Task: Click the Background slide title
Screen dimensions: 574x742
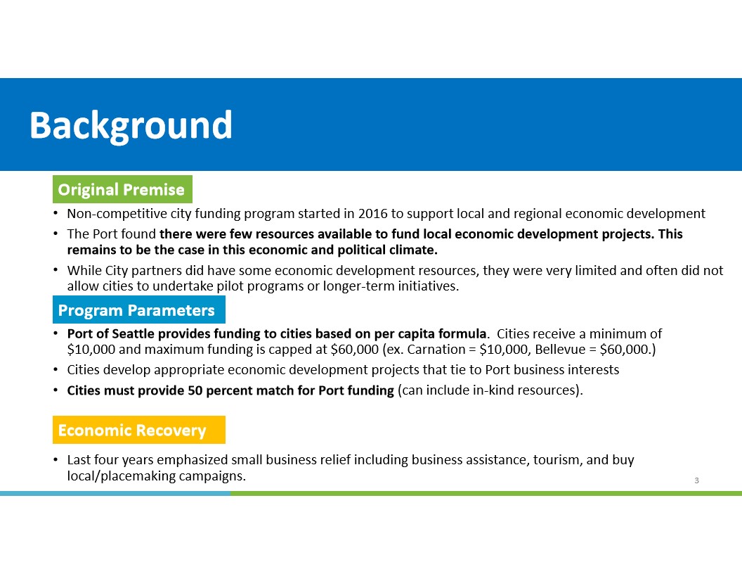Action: [131, 125]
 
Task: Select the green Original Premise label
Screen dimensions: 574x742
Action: [122, 190]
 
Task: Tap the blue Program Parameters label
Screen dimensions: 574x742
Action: [137, 310]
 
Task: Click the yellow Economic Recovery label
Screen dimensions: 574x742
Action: [132, 430]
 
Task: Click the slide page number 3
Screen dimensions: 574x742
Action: [696, 480]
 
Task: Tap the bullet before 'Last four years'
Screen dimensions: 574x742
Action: [56, 460]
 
